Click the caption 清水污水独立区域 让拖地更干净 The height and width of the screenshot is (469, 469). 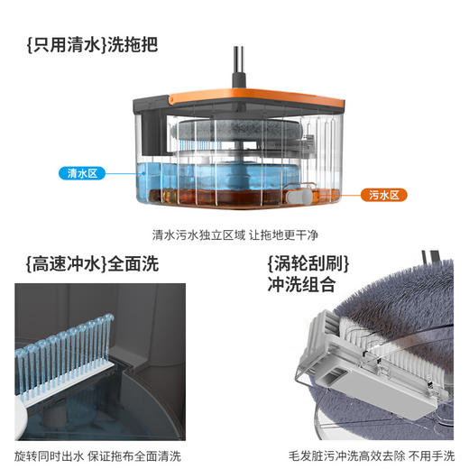coord(234,235)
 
